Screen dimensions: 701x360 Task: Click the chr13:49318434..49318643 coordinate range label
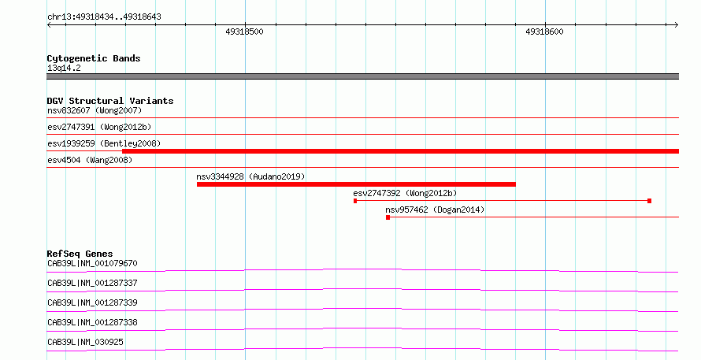point(104,17)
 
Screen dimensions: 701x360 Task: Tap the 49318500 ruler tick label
point(244,32)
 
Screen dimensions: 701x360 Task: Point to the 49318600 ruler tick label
point(544,32)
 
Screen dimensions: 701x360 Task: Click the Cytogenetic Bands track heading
point(94,58)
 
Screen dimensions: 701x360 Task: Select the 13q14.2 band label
point(64,68)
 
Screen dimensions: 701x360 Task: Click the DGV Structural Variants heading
point(110,101)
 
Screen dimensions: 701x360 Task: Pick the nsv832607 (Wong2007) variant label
point(95,110)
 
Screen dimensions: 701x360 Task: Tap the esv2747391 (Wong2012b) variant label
point(99,127)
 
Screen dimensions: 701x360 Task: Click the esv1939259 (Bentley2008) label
point(104,143)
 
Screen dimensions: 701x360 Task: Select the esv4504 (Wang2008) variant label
point(90,160)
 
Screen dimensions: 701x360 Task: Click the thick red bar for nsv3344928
point(356,184)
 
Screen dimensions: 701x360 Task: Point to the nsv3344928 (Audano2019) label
point(250,176)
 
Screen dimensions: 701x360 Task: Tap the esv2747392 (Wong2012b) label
point(405,193)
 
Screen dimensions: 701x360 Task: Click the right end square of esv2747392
point(649,201)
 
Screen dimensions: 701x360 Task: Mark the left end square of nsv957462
point(388,217)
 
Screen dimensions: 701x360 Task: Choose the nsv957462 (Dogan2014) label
point(435,210)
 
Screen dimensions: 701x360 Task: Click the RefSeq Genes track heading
point(80,254)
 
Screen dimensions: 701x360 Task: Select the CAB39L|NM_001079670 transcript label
point(92,263)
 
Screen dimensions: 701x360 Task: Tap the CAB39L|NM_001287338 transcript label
point(92,322)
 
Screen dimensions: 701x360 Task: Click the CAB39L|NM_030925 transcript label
point(85,342)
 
